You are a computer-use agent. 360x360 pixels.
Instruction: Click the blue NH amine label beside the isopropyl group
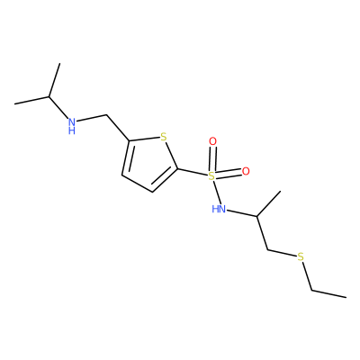pyautogui.click(x=71, y=126)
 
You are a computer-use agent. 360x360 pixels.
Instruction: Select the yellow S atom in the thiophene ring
pyautogui.click(x=163, y=137)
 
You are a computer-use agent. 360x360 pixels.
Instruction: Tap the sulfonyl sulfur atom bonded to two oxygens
pyautogui.click(x=211, y=176)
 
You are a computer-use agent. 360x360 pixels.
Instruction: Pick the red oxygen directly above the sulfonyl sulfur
pyautogui.click(x=212, y=141)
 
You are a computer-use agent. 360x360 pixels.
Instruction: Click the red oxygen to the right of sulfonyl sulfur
pyautogui.click(x=246, y=171)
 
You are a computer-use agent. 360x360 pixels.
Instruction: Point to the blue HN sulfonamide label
pyautogui.click(x=219, y=209)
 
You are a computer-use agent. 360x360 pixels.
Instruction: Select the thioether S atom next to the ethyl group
pyautogui.click(x=301, y=257)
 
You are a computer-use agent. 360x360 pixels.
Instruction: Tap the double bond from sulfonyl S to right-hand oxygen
pyautogui.click(x=229, y=174)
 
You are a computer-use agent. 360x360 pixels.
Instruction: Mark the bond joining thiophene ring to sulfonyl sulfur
pyautogui.click(x=193, y=173)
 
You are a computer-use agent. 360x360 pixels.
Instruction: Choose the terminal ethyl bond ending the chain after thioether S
pyautogui.click(x=328, y=294)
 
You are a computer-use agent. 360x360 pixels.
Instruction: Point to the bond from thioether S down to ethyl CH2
pyautogui.click(x=307, y=276)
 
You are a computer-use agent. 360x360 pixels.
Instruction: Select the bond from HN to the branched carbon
pyautogui.click(x=241, y=213)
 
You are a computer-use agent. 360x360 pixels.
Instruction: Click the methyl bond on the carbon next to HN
pyautogui.click(x=268, y=203)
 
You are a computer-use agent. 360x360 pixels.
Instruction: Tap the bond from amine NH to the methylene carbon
pyautogui.click(x=92, y=118)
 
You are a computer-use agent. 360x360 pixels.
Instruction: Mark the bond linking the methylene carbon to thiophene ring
pyautogui.click(x=118, y=128)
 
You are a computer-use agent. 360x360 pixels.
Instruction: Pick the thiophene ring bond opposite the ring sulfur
pyautogui.click(x=138, y=184)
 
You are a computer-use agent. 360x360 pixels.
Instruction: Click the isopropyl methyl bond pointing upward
pyautogui.click(x=54, y=80)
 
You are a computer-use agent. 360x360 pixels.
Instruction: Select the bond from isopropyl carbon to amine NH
pyautogui.click(x=58, y=108)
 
